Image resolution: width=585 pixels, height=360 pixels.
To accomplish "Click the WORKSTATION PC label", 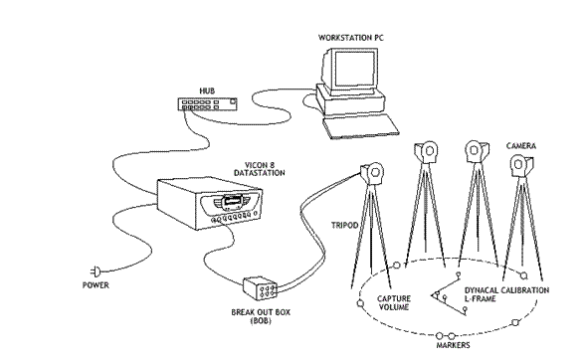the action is coord(350,38).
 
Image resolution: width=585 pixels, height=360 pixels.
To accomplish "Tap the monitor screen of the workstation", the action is coord(354,69).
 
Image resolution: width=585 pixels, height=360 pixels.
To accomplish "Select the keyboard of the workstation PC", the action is coord(361,126).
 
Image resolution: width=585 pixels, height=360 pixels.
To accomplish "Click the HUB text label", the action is coord(207,91).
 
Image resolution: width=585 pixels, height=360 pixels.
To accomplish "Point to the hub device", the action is coord(207,103).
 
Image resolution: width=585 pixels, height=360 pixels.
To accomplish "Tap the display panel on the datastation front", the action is coord(231,202).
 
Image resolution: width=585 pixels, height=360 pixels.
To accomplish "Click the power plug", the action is coord(96,271).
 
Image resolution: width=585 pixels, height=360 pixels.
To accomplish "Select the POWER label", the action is coord(96,285).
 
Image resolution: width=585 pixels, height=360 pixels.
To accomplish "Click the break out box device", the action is coord(260,288).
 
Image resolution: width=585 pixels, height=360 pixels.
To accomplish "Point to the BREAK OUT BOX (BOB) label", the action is coord(261,316).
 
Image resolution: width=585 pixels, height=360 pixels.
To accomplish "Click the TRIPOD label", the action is coord(344,226).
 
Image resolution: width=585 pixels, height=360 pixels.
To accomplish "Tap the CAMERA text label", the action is coord(521,146).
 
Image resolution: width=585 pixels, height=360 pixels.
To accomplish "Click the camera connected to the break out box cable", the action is coord(372,173).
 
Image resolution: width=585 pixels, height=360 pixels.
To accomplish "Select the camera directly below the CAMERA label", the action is coord(521,165).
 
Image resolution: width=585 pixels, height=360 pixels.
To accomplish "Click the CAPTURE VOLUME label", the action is coord(394,303).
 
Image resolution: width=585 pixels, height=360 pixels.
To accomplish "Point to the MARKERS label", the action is coord(453,345).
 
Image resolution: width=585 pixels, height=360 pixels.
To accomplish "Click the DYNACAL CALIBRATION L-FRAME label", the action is coord(506,294).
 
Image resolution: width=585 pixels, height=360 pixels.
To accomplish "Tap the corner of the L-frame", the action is coord(434,295).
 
